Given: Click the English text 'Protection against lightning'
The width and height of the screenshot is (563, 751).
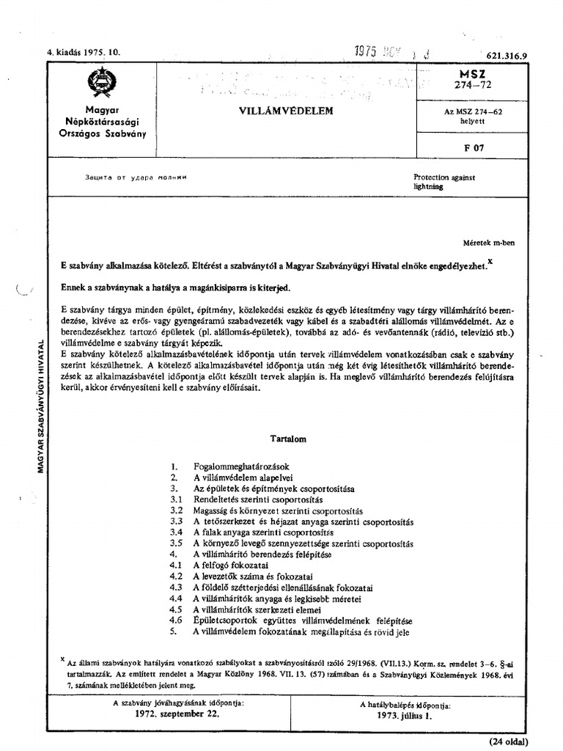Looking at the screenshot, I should click(444, 182).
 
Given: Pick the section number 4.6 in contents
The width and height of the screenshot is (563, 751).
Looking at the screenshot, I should click(175, 620).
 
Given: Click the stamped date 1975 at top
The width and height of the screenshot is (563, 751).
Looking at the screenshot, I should click(366, 52).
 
